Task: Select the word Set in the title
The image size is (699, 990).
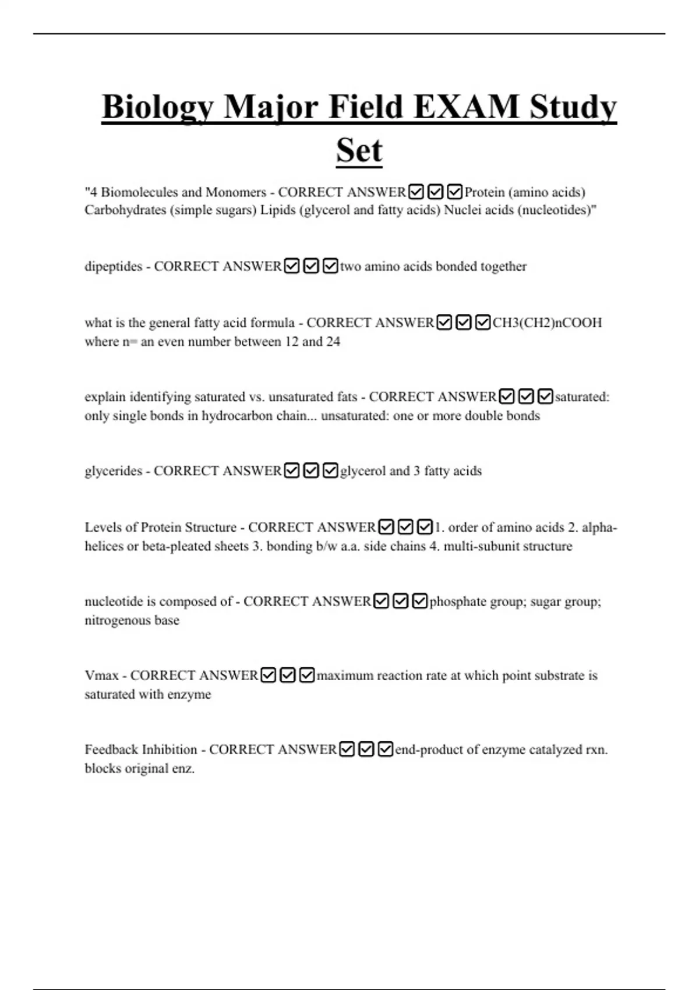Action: tap(359, 150)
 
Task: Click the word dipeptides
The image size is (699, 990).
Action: tap(113, 267)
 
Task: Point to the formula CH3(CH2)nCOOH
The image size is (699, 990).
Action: tap(547, 323)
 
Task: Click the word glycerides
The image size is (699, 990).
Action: tap(113, 471)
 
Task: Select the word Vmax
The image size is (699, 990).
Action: tap(101, 676)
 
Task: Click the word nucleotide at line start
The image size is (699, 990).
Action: tap(119, 602)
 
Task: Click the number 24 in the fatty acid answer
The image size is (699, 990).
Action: tap(333, 342)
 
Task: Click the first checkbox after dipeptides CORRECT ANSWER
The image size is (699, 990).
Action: tap(292, 266)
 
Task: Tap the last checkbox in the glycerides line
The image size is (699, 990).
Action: tap(330, 471)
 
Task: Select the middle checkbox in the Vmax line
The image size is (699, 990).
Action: tap(288, 675)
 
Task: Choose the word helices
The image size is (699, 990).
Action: tap(104, 546)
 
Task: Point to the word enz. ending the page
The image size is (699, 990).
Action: tap(183, 769)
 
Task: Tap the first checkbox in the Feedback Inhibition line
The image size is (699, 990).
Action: tap(347, 749)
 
